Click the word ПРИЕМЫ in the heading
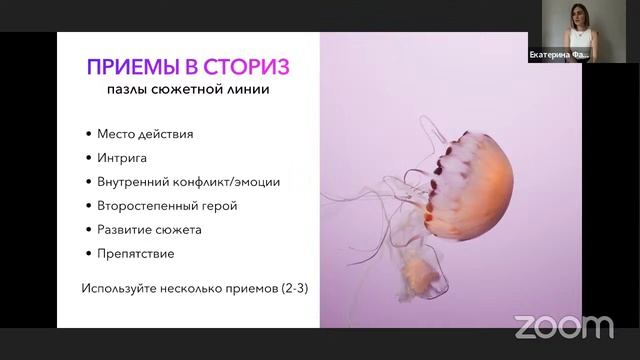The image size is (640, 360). click(x=126, y=67)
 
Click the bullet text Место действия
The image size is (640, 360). click(x=145, y=134)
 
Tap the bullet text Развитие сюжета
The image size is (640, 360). click(x=149, y=229)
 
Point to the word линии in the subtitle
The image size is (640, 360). click(x=249, y=91)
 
